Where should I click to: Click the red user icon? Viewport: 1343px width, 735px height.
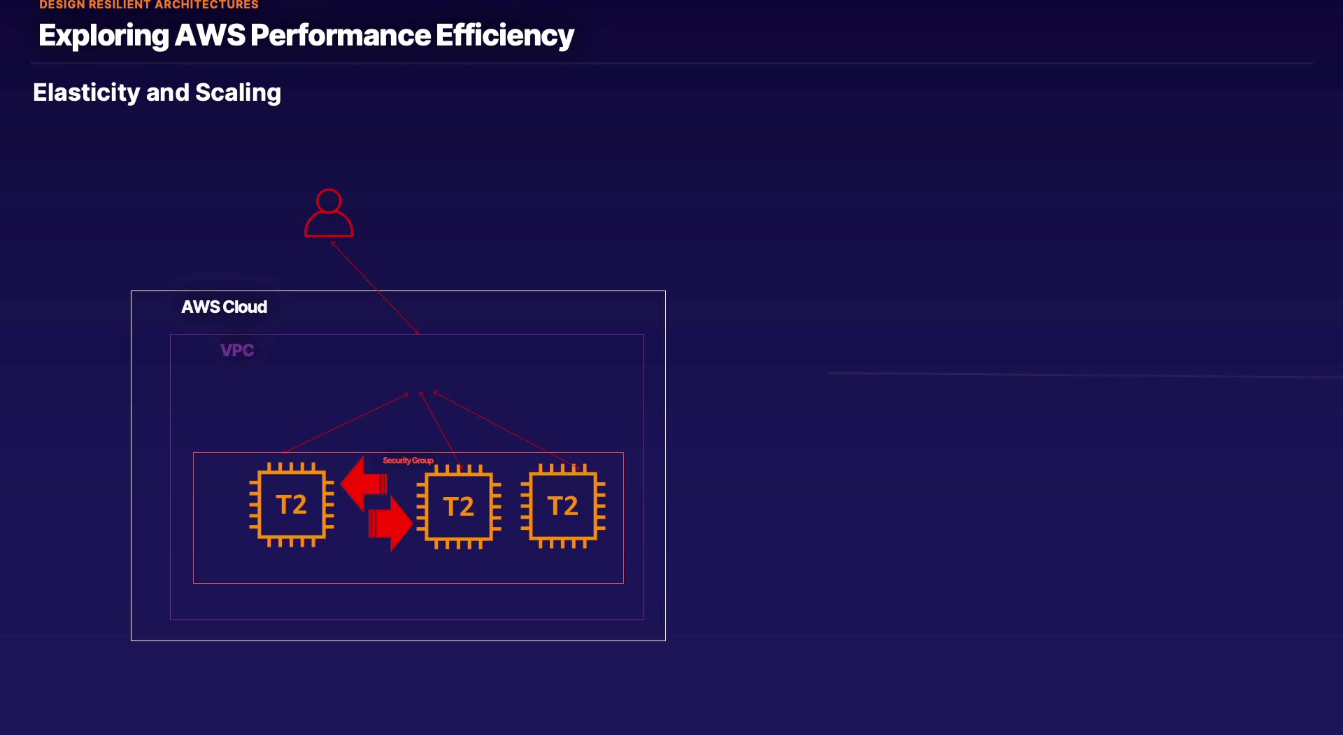click(329, 213)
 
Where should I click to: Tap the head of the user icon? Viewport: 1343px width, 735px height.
click(329, 200)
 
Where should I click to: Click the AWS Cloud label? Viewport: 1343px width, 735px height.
click(224, 307)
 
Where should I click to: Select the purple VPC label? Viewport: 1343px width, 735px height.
click(237, 350)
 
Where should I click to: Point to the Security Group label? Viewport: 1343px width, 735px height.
click(408, 461)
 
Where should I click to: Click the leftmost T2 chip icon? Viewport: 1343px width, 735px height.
click(292, 505)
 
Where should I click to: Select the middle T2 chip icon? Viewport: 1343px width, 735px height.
click(459, 507)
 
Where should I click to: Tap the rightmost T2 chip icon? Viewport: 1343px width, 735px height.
click(563, 506)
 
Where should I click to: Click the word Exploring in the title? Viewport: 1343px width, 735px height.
click(104, 36)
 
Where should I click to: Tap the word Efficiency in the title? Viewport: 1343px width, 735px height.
click(504, 36)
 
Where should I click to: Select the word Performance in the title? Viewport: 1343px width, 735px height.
click(341, 36)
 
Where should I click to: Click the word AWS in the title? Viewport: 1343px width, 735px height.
click(210, 36)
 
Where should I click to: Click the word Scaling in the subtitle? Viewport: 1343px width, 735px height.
click(238, 92)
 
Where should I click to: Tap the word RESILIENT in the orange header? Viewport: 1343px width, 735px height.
click(120, 5)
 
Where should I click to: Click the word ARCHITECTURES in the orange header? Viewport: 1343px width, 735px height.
click(207, 5)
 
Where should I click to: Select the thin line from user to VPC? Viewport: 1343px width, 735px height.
click(375, 288)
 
